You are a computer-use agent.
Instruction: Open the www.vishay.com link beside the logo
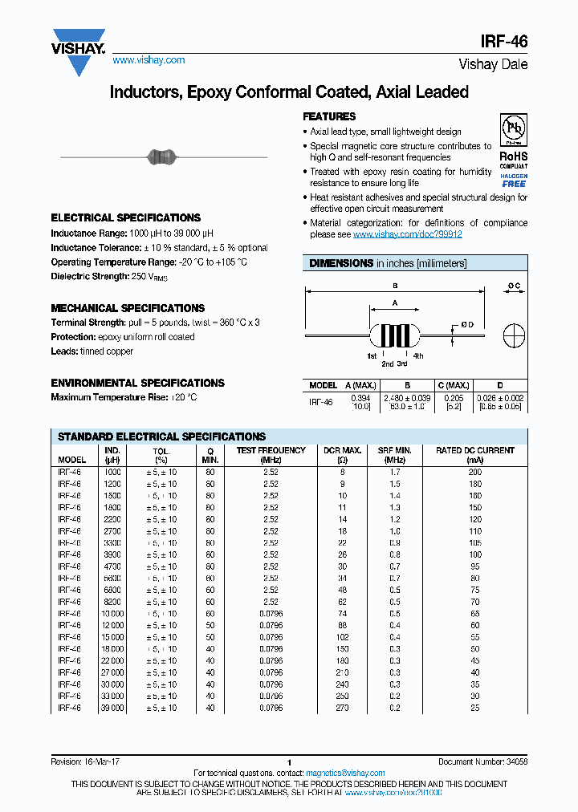point(149,60)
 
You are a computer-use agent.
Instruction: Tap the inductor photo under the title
point(163,156)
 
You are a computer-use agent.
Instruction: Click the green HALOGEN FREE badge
point(513,180)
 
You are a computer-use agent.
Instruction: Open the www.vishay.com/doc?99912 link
point(407,234)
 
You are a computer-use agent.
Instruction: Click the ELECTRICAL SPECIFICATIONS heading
point(125,217)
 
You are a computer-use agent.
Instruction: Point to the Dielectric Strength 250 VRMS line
point(110,277)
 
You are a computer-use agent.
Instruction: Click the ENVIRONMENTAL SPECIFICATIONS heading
point(137,383)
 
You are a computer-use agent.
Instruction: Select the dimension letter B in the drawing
point(395,286)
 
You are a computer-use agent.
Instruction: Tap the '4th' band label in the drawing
point(418,355)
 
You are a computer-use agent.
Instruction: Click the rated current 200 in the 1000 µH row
point(475,473)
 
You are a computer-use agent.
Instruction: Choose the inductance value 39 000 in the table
point(112,708)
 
